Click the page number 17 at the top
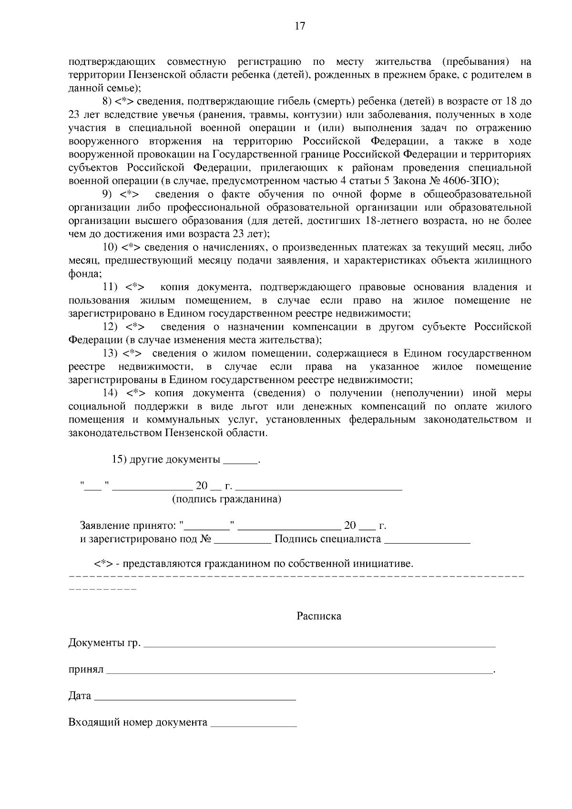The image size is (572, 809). coord(300,26)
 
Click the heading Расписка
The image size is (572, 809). coord(319,616)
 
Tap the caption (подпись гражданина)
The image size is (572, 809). coord(226,499)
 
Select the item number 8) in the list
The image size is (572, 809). coord(107,101)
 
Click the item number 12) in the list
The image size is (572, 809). coord(111,327)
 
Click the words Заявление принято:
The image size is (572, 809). coord(128,526)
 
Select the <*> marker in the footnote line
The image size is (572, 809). coord(103,564)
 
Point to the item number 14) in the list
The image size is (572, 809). coord(111,393)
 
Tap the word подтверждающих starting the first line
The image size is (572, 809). coord(112,62)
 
